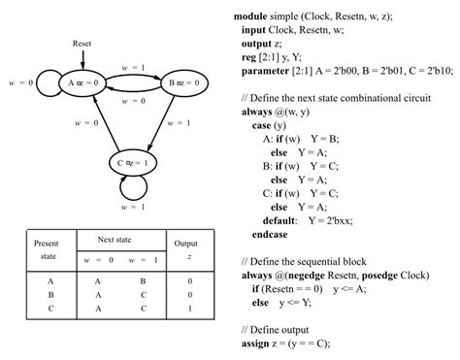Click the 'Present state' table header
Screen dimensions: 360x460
47,248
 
